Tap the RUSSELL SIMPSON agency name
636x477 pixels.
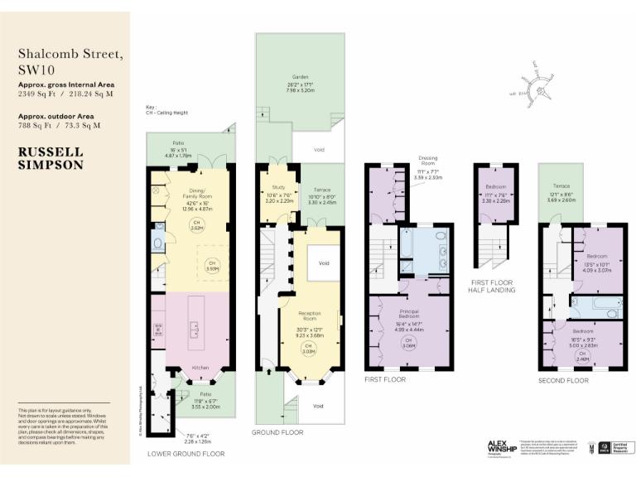tap(51, 158)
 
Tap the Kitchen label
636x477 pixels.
tap(199, 367)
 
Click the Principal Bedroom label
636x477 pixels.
tap(408, 315)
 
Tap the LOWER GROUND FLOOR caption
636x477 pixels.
tap(186, 454)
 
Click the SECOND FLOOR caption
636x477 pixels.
tap(562, 381)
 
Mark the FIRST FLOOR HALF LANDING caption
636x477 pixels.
tap(490, 287)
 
